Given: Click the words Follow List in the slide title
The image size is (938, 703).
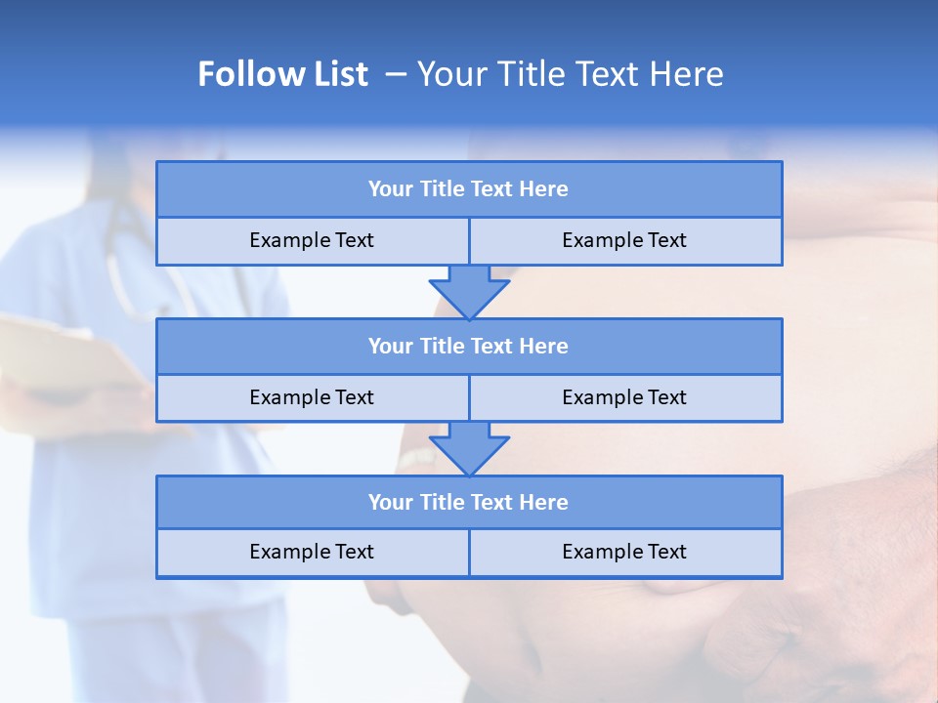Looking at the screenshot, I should (x=282, y=74).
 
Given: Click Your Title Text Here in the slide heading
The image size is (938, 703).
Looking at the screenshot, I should (x=570, y=74).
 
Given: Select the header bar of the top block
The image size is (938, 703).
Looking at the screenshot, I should (x=469, y=189).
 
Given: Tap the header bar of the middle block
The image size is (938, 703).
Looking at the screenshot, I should (x=469, y=346).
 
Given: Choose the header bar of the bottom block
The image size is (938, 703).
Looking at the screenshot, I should (x=469, y=502).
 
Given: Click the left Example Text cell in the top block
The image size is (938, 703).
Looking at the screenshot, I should (x=312, y=240).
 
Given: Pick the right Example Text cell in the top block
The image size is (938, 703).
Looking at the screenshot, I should (x=624, y=240).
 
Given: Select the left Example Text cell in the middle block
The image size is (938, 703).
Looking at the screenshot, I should (x=312, y=397).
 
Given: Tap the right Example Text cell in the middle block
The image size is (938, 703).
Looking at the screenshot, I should (x=624, y=397).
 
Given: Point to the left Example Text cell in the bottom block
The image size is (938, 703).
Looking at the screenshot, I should (x=312, y=552).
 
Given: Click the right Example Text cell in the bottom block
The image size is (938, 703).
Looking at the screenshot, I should (x=624, y=552).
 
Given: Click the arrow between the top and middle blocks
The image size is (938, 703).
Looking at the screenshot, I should (x=469, y=291).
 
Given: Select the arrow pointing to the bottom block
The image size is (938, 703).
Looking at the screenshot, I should (x=469, y=448).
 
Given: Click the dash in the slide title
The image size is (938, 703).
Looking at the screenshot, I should (x=396, y=74).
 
